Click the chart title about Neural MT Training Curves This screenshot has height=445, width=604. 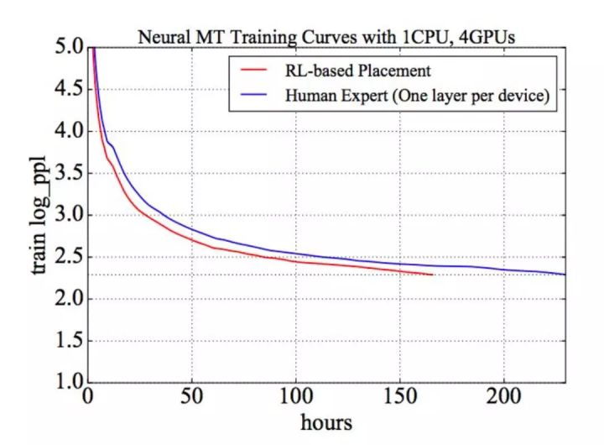pos(326,38)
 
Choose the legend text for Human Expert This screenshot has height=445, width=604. pos(417,97)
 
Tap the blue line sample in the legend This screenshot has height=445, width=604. pos(253,97)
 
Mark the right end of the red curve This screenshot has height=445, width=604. pos(432,275)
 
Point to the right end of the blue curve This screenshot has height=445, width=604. pos(565,275)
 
